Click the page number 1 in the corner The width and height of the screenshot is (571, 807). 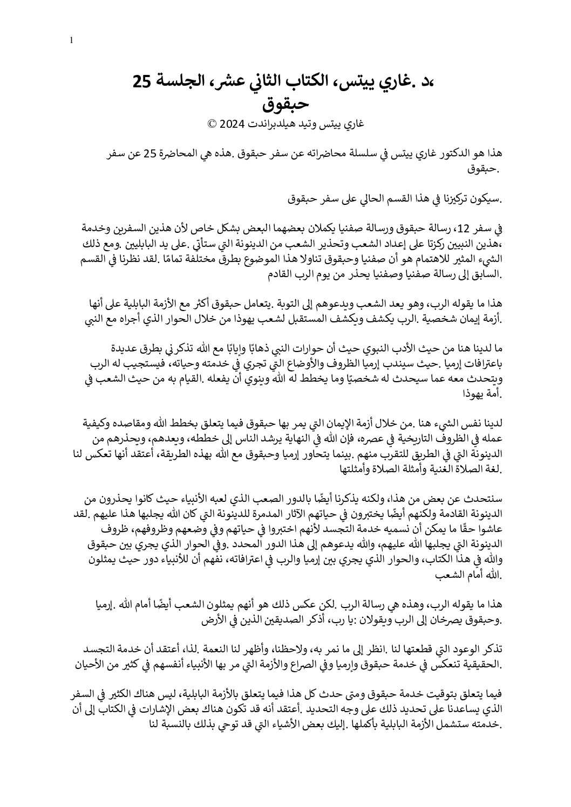point(72,40)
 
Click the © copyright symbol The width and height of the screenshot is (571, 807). point(213,123)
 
